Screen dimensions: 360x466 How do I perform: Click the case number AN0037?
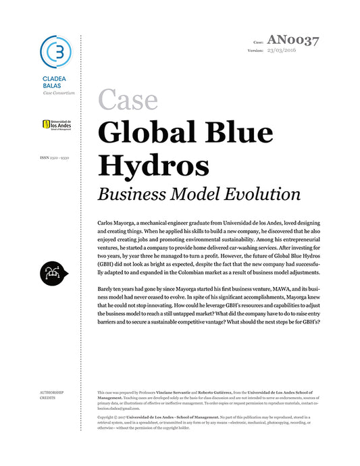pyautogui.click(x=292, y=40)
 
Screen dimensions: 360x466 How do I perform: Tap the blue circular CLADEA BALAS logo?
pyautogui.click(x=55, y=51)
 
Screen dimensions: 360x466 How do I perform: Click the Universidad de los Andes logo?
pyautogui.click(x=58, y=124)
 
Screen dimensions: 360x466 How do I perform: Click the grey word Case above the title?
pyautogui.click(x=128, y=99)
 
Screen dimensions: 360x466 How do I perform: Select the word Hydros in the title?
pyautogui.click(x=153, y=164)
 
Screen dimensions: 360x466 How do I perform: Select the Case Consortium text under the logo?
pyautogui.click(x=59, y=93)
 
